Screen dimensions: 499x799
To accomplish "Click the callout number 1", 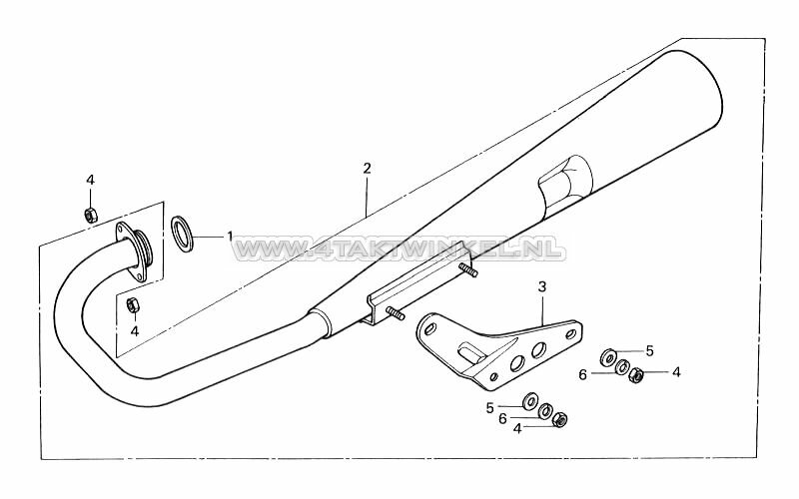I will [231, 237].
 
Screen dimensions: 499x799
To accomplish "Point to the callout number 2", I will [367, 170].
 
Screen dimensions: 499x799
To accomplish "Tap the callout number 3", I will [541, 287].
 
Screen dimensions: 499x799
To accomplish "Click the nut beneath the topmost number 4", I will [90, 214].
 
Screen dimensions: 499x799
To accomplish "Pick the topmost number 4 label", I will [90, 180].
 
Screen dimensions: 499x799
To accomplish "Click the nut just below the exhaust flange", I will [133, 304].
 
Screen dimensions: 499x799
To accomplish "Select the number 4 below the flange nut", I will [134, 331].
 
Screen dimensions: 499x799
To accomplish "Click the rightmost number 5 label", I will [649, 350].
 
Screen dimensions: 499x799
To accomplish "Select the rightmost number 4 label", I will [676, 372].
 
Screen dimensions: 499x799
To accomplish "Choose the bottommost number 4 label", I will [517, 428].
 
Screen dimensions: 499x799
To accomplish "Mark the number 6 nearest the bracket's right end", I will [609, 373].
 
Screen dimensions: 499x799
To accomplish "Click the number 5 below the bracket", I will [490, 407].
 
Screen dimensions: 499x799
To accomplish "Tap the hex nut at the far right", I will [637, 375].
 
